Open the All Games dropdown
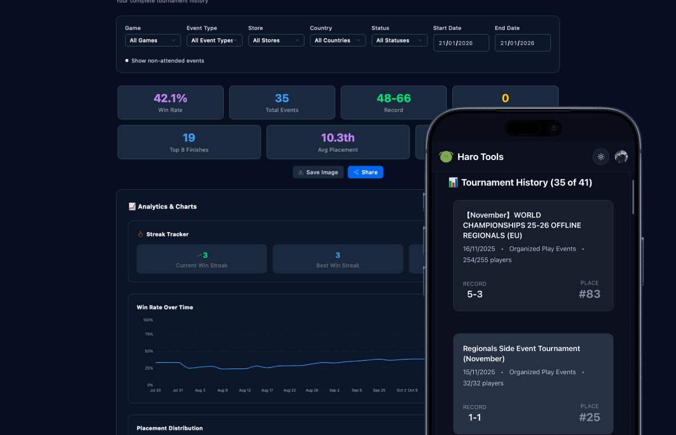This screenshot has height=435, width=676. pos(153,41)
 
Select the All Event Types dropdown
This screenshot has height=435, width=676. pos(214,41)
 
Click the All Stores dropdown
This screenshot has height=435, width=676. pos(276,41)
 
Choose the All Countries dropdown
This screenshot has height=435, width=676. pos(337,41)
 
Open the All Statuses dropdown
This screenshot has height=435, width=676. pos(399,41)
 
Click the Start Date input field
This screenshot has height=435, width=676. pos(461,43)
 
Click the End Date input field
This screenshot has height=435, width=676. pos(522,43)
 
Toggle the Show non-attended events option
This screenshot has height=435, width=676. pos(127,61)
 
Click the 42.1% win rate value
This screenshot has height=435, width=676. pos(170,98)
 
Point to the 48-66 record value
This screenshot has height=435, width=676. pos(394,98)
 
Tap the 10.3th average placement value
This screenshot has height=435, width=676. pos(337,137)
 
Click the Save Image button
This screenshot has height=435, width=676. pos(318,172)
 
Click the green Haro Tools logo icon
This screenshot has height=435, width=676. pos(446,157)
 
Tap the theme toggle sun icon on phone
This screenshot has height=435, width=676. pos(601,157)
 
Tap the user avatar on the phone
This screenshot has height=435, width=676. pos(621,157)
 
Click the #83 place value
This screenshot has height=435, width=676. pos(589,294)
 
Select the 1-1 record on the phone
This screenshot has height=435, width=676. pos(474,418)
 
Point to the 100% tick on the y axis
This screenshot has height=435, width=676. pos(148,320)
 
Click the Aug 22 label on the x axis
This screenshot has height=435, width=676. pos(290,390)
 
